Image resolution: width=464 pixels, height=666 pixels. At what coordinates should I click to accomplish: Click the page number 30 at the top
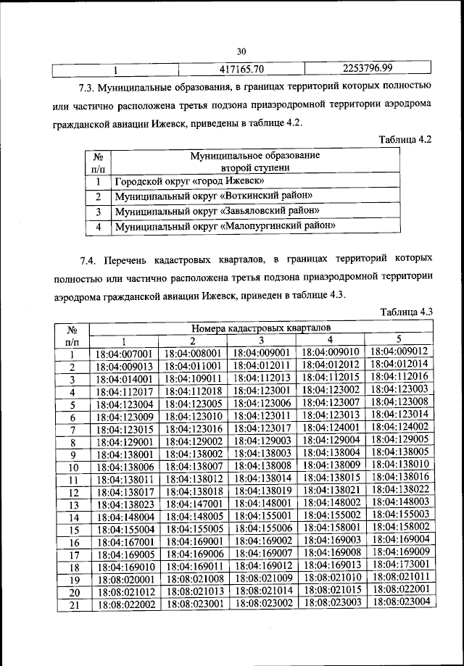pyautogui.click(x=241, y=51)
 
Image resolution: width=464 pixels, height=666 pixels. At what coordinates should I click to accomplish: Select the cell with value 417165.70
pyautogui.click(x=240, y=70)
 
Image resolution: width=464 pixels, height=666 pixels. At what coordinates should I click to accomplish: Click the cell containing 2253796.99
pyautogui.click(x=367, y=69)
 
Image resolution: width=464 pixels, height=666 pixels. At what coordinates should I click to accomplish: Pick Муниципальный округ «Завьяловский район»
pyautogui.click(x=217, y=212)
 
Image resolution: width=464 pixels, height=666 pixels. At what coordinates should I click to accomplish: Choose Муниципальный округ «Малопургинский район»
pyautogui.click(x=224, y=226)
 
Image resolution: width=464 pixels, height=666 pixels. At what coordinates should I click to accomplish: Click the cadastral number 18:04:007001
pyautogui.click(x=124, y=355)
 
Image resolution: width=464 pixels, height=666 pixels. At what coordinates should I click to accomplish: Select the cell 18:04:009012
pyautogui.click(x=399, y=352)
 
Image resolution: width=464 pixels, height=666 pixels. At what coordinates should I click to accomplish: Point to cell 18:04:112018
pyautogui.click(x=193, y=391)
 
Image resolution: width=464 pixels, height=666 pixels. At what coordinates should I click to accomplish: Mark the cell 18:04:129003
pyautogui.click(x=262, y=441)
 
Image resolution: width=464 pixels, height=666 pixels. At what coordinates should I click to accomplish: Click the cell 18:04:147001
pyautogui.click(x=193, y=503)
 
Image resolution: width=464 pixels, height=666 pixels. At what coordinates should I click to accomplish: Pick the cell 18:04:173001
pyautogui.click(x=399, y=563)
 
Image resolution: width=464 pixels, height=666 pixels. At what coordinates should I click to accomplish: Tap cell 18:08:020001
pyautogui.click(x=124, y=580)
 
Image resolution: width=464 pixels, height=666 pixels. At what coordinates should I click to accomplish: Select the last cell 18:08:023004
pyautogui.click(x=399, y=601)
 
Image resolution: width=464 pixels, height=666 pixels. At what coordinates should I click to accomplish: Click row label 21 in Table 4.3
pyautogui.click(x=72, y=604)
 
